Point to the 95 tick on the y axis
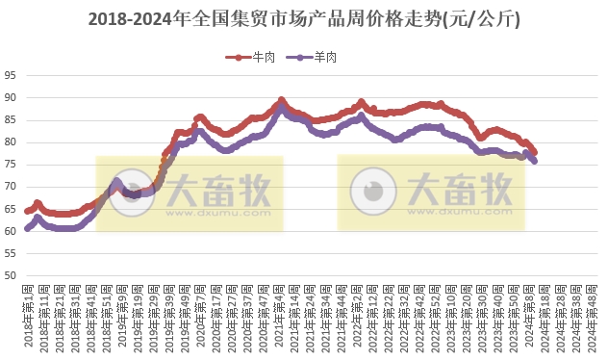pyautogui.click(x=10, y=75)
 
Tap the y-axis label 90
pyautogui.click(x=10, y=97)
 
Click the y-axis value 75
pyautogui.click(x=10, y=165)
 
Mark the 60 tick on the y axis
pyautogui.click(x=10, y=231)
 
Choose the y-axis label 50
pyautogui.click(x=10, y=276)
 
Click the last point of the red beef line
pyautogui.click(x=535, y=152)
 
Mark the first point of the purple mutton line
pyautogui.click(x=27, y=229)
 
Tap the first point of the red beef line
pyautogui.click(x=27, y=210)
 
